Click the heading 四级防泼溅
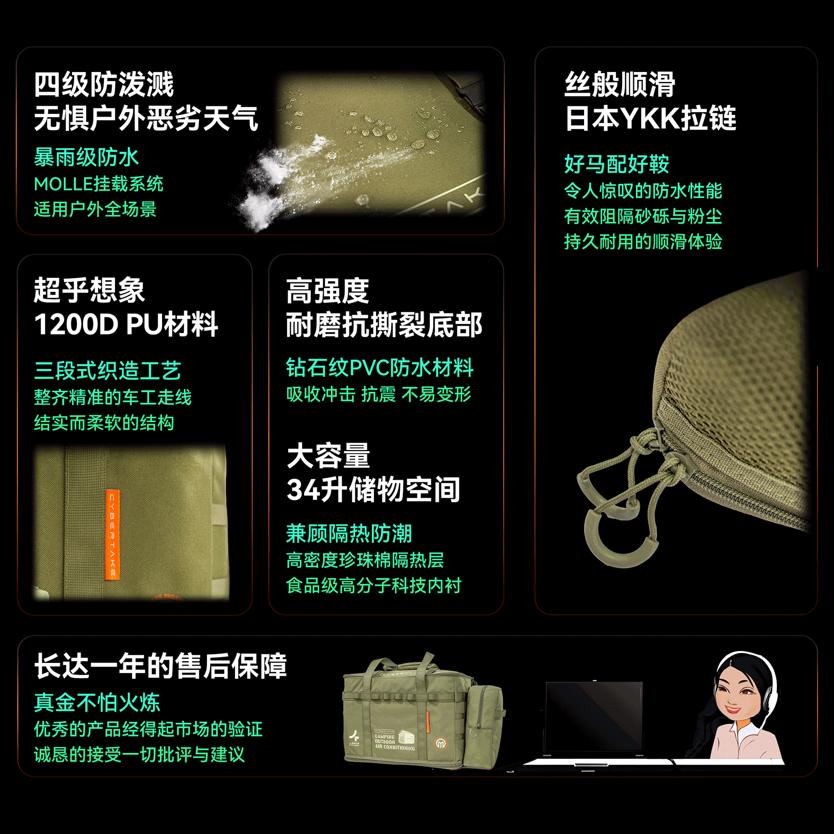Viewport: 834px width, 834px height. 104,85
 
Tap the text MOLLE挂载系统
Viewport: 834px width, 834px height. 98,184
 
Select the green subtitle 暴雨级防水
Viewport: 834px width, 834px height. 86,157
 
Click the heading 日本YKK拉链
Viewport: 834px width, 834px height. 650,118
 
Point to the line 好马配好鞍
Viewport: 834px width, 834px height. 616,164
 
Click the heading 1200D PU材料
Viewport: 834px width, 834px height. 126,324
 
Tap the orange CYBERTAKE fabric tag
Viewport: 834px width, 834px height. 112,535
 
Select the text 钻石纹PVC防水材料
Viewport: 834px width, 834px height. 379,367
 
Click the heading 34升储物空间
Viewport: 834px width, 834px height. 373,490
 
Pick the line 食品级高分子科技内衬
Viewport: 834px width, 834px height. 373,586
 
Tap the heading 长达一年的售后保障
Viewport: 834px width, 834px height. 160,666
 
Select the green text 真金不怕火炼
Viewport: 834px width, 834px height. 97,703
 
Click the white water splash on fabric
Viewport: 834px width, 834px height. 275,180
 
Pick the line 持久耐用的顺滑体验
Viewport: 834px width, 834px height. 643,242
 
